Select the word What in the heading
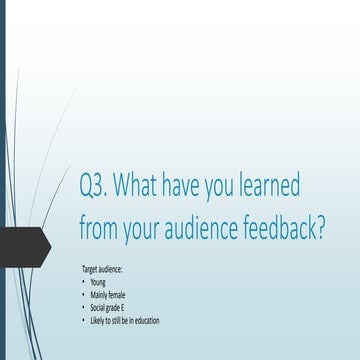pos(146,187)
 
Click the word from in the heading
pos(101,227)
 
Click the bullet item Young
pos(97,283)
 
